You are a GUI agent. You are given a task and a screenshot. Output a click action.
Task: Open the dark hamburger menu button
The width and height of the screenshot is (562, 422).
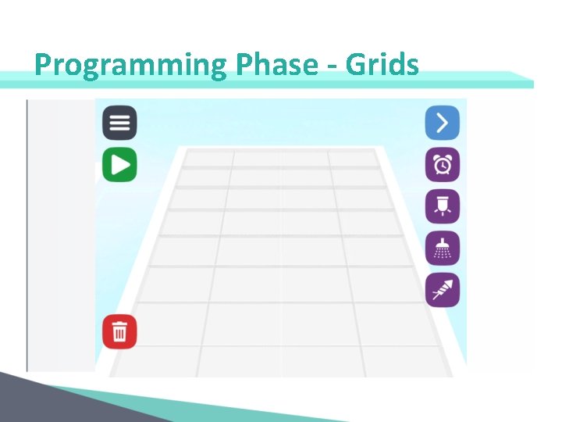point(119,123)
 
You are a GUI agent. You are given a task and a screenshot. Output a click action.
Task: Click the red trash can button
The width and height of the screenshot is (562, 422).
point(119,332)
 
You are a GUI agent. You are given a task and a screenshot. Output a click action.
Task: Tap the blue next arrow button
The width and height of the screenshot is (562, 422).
point(442,123)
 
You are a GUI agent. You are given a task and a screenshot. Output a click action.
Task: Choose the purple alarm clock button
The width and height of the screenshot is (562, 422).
point(442,165)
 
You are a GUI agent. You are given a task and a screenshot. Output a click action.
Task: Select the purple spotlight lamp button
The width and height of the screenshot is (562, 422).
point(442,206)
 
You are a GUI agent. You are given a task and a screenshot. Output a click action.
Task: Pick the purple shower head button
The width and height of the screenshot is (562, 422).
point(442,249)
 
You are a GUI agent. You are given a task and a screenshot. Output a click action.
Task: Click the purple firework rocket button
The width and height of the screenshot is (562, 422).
point(442,290)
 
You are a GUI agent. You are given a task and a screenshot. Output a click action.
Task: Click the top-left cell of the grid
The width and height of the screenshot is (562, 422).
point(208,159)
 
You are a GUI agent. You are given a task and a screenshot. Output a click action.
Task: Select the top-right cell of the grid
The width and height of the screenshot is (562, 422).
point(352,159)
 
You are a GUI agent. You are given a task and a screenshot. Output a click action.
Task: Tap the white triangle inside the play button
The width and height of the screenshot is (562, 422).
point(120,165)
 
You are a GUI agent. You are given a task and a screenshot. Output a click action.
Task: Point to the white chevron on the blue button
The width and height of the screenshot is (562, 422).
point(443,123)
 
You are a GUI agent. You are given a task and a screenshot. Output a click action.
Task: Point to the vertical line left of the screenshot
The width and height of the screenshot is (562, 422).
point(27,234)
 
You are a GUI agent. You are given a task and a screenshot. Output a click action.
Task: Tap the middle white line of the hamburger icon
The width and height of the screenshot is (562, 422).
point(119,123)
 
